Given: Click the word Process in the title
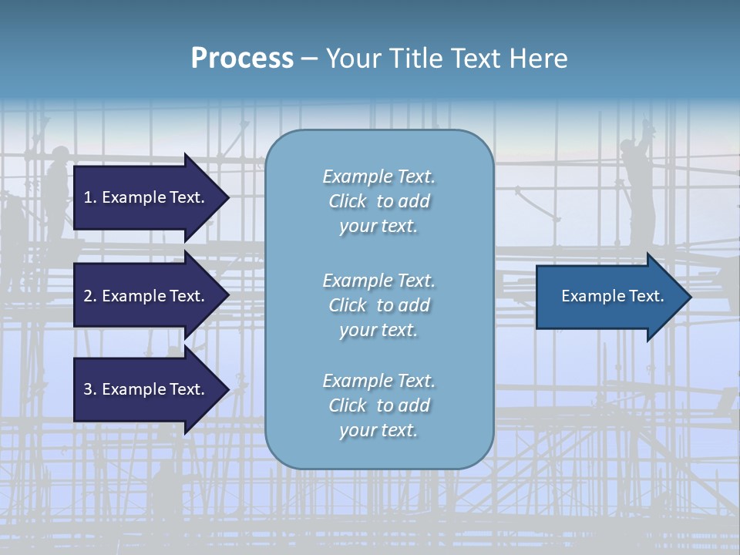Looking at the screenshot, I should tap(242, 59).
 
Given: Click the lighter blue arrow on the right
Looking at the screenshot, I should tap(609, 297).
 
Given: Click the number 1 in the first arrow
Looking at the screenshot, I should tap(88, 197).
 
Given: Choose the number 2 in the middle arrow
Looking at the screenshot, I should tap(88, 296).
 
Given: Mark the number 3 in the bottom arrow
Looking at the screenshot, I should tap(88, 389).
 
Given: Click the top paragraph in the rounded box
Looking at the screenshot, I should tap(379, 201).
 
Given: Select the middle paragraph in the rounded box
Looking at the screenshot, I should tap(379, 305).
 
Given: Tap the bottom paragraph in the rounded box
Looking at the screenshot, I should tap(379, 405).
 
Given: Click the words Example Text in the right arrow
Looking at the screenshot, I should tap(612, 296).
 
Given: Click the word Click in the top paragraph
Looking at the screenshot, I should tap(348, 201).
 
